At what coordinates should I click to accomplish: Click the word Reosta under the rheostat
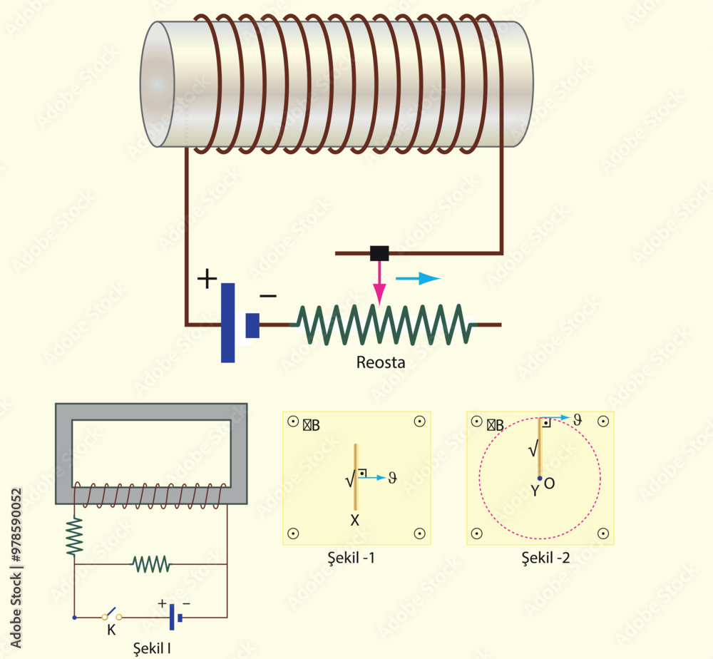(x=381, y=362)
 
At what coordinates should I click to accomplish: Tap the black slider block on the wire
(x=379, y=252)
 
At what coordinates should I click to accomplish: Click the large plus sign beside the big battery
(x=206, y=279)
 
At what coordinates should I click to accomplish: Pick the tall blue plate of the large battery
(x=227, y=322)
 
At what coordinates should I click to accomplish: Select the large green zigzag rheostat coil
(x=385, y=325)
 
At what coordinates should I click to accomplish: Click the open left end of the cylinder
(x=158, y=84)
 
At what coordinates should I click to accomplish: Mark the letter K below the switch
(x=111, y=630)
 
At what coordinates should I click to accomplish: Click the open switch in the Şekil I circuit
(x=111, y=615)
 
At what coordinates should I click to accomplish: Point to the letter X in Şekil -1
(x=354, y=521)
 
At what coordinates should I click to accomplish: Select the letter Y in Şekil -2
(x=534, y=491)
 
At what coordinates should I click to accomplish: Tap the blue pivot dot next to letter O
(x=540, y=479)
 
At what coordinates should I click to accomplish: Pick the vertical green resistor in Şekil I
(x=75, y=536)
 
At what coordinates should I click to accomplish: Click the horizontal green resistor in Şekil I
(x=151, y=564)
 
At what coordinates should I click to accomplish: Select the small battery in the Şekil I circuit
(x=175, y=617)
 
